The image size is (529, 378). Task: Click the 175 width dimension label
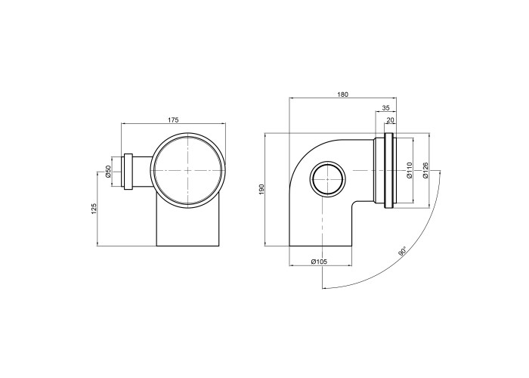(x=173, y=119)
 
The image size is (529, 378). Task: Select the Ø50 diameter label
(x=108, y=171)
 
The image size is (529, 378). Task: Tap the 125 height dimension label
(x=94, y=209)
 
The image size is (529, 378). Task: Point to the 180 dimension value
(x=342, y=94)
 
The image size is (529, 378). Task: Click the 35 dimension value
(x=386, y=108)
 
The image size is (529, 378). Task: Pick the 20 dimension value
(x=391, y=119)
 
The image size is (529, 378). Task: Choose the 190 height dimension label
(x=262, y=189)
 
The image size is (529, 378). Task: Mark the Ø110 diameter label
(x=410, y=170)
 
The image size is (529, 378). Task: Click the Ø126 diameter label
(x=425, y=170)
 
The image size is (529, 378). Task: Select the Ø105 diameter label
(x=319, y=262)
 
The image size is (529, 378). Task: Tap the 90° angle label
(x=402, y=253)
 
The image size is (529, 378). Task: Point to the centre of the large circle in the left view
(x=187, y=170)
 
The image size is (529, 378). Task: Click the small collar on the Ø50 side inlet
(x=128, y=172)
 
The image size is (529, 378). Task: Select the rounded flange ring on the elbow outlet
(x=388, y=170)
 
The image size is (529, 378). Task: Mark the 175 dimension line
(x=173, y=124)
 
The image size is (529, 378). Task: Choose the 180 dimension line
(x=343, y=98)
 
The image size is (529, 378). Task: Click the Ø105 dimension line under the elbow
(x=321, y=265)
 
